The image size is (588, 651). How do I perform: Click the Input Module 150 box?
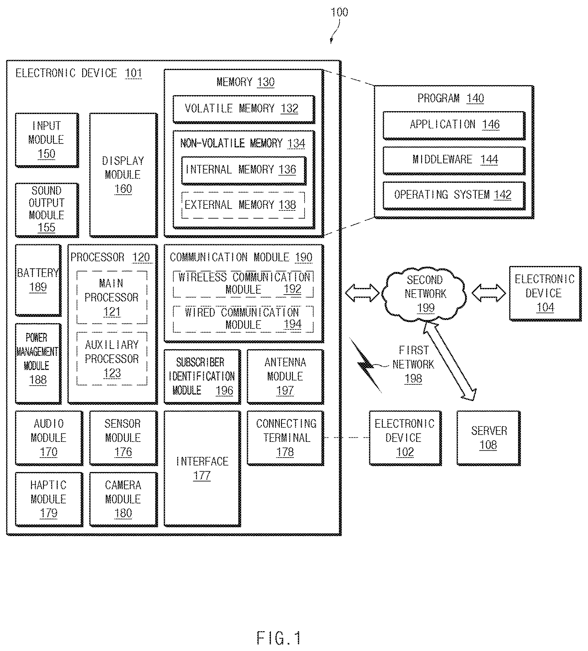(x=47, y=140)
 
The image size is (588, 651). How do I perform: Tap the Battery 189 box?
(x=38, y=280)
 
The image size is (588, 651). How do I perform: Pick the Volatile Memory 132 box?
(x=244, y=109)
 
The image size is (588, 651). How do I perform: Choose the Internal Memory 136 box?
(x=244, y=171)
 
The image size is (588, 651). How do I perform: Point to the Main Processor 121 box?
(x=112, y=297)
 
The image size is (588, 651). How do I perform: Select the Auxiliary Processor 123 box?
(x=112, y=358)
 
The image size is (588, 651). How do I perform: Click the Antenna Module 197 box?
(x=285, y=377)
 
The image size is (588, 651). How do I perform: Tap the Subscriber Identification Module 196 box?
(x=202, y=377)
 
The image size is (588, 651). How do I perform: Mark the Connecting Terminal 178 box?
(x=285, y=438)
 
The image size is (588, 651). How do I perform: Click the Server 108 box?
(x=489, y=438)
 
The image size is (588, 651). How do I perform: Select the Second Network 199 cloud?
(x=425, y=294)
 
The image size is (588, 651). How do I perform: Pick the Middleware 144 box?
(x=454, y=160)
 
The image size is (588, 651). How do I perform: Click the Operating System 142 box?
(x=454, y=196)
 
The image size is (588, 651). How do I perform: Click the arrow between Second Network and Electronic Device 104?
(x=489, y=293)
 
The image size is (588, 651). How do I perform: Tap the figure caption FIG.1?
(x=279, y=638)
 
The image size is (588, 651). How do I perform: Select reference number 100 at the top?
(x=339, y=12)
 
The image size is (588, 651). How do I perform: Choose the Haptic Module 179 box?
(x=49, y=499)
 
